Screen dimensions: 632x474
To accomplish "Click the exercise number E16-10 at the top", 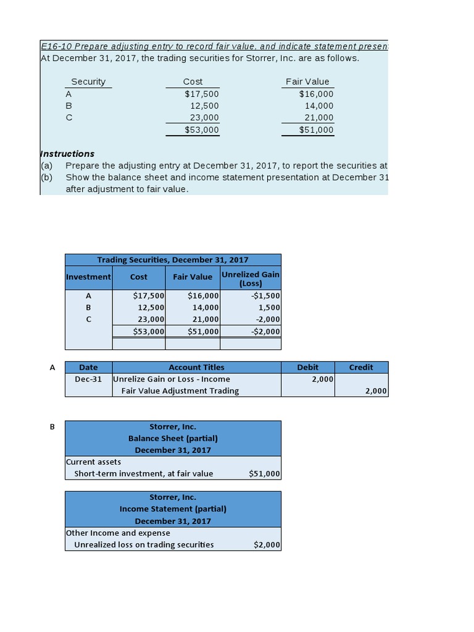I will pyautogui.click(x=56, y=46).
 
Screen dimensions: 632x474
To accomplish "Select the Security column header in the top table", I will pyautogui.click(x=88, y=81).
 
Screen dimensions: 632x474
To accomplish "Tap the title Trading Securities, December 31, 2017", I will pyautogui.click(x=173, y=260).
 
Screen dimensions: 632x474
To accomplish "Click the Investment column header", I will pyautogui.click(x=88, y=277).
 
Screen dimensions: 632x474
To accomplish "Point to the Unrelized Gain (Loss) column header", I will pyautogui.click(x=250, y=278).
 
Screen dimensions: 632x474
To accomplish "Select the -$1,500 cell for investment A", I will pyautogui.click(x=266, y=296).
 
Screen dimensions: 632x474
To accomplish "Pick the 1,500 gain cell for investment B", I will pyautogui.click(x=269, y=307).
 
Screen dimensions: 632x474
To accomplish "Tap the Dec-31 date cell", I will pyautogui.click(x=88, y=379).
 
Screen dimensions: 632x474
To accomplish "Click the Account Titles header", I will pyautogui.click(x=196, y=367).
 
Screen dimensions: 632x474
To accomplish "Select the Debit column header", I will pyautogui.click(x=307, y=367).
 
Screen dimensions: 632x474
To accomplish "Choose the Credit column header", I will pyautogui.click(x=361, y=367).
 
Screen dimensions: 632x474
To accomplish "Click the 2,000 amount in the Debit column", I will pyautogui.click(x=323, y=379).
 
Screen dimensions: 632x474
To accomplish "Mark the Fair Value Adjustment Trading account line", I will pyautogui.click(x=180, y=391).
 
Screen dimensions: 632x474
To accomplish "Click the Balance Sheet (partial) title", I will pyautogui.click(x=173, y=438).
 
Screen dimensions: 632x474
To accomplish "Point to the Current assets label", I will pyautogui.click(x=93, y=462).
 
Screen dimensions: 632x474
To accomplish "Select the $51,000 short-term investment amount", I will pyautogui.click(x=264, y=474).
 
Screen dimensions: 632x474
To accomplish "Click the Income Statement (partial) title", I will pyautogui.click(x=173, y=509).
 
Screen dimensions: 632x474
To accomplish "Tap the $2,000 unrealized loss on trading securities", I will pyautogui.click(x=267, y=544).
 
